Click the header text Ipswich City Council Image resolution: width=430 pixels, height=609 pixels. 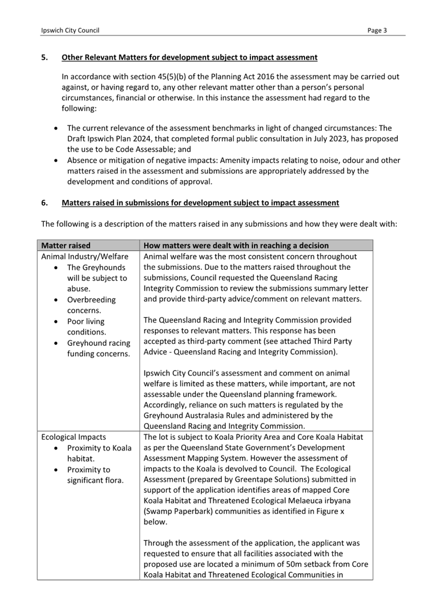tap(70, 31)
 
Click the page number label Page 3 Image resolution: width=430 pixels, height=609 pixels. tap(377, 31)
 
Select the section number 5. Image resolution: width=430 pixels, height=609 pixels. tap(45, 58)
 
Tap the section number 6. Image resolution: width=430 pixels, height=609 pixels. tap(45, 203)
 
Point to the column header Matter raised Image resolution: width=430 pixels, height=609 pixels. tap(66, 245)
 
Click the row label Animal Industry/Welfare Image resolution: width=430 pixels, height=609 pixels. tap(85, 257)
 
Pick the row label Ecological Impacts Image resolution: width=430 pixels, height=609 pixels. tap(73, 437)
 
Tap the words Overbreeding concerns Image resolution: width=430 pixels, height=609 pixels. tap(91, 305)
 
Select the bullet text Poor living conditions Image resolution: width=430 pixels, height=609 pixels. tap(86, 327)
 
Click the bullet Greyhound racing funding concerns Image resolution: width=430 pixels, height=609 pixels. tap(98, 348)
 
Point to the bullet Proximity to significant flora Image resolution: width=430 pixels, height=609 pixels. tap(95, 475)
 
